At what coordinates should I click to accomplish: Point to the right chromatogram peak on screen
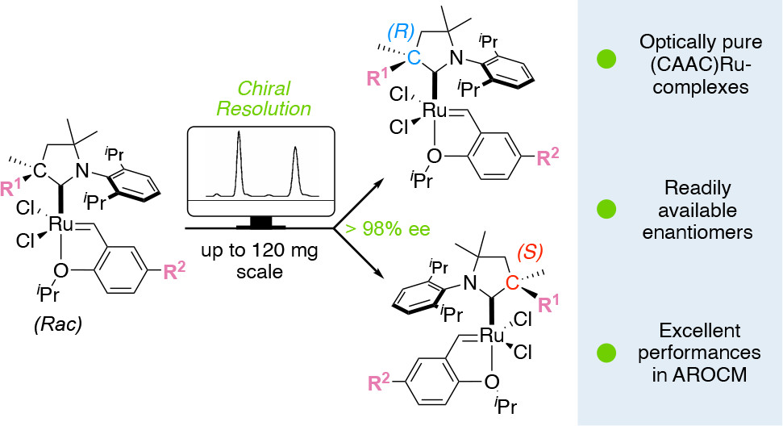click(x=296, y=169)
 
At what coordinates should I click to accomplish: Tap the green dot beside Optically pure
click(x=606, y=58)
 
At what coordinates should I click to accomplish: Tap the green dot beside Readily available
click(x=606, y=209)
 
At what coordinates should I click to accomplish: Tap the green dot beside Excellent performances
click(x=606, y=353)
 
